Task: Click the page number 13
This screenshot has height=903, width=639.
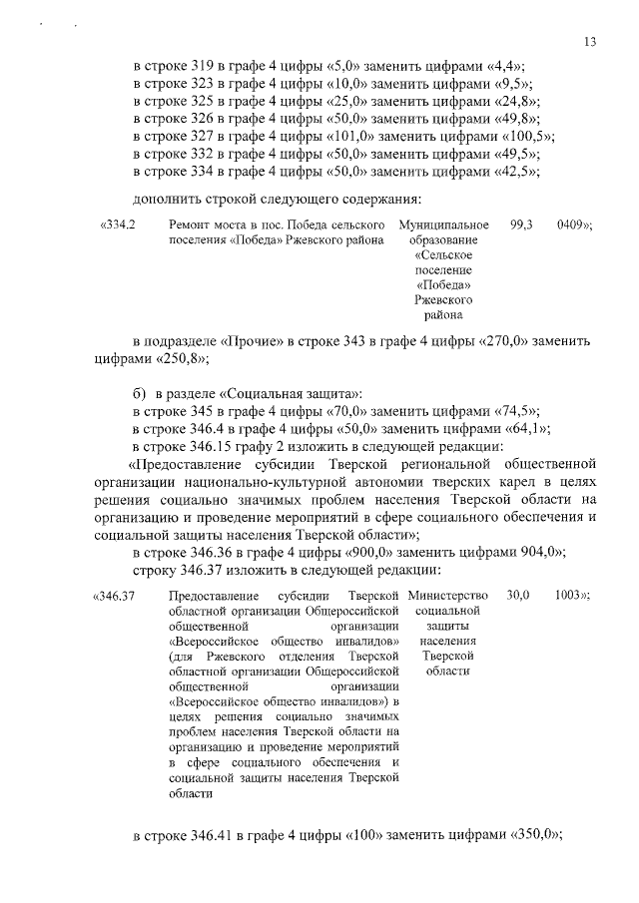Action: (591, 41)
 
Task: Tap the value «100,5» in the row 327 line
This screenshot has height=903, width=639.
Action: (528, 136)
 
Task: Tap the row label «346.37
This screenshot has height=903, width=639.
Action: (114, 597)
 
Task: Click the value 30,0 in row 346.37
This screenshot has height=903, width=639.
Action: (518, 596)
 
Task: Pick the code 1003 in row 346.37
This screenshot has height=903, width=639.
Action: (570, 596)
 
